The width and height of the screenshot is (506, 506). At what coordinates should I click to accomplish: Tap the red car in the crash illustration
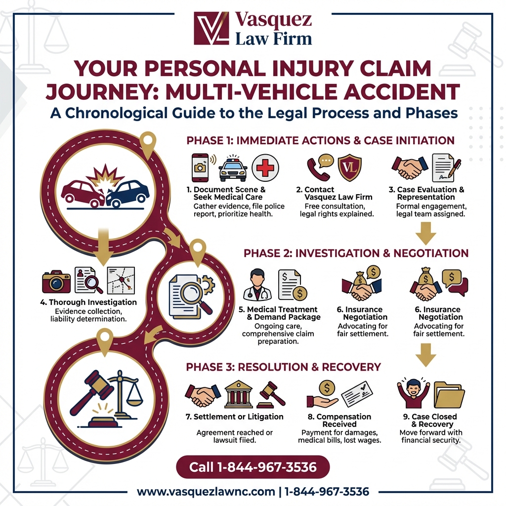[x=82, y=193]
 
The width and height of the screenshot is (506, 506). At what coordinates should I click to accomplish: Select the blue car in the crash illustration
[x=127, y=193]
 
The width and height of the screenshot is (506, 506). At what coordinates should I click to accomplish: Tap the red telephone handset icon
[x=318, y=169]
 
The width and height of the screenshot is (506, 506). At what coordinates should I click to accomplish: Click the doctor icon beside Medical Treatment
[x=257, y=285]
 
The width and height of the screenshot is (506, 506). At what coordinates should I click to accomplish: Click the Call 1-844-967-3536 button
[x=253, y=466]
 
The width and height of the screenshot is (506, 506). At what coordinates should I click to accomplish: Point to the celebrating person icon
[x=413, y=393]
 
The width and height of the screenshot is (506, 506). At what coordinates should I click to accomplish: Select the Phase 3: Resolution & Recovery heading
[x=283, y=367]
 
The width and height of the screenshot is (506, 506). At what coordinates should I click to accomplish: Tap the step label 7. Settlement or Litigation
[x=235, y=417]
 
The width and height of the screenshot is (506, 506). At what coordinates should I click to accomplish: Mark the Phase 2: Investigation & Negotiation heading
[x=356, y=253]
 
